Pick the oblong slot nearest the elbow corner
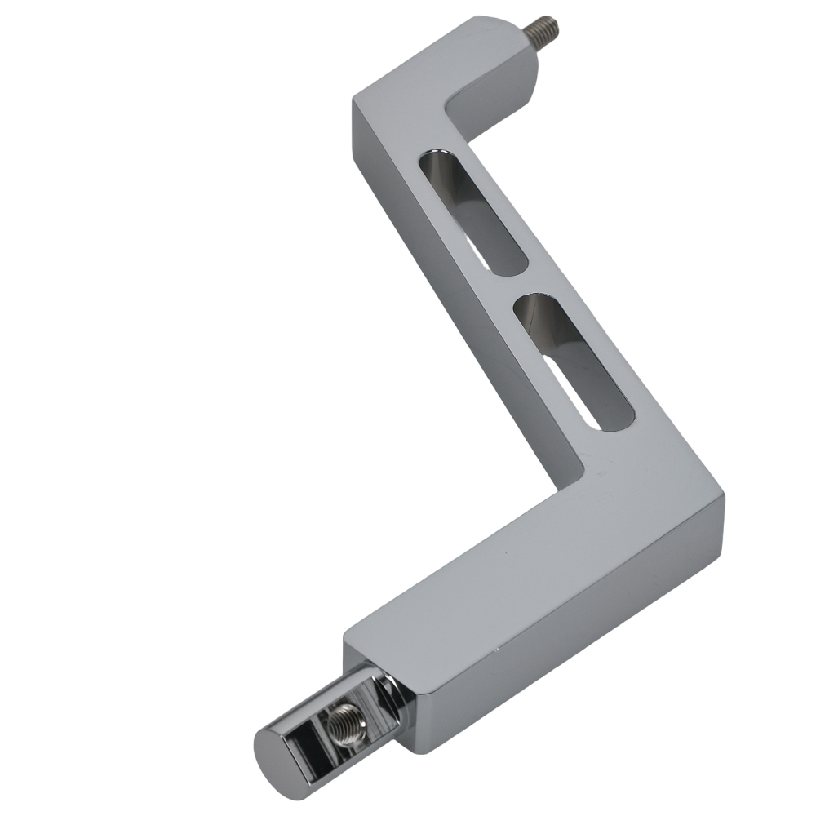click(x=571, y=359)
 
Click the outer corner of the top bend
click(x=354, y=101)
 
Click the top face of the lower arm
click(x=522, y=563)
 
